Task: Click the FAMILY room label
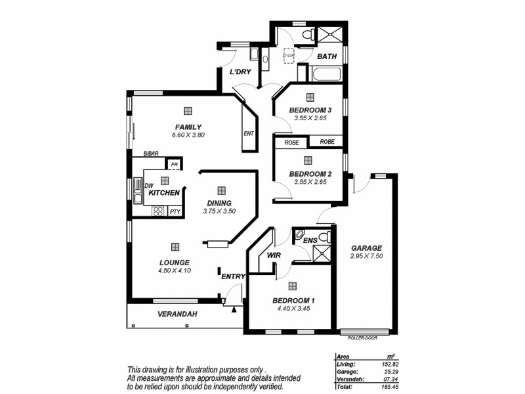(188, 127)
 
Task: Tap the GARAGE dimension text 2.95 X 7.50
(366, 255)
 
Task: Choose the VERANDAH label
(177, 315)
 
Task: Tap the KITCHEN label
(164, 193)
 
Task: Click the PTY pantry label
(175, 211)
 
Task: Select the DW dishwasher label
(148, 185)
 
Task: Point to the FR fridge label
(174, 165)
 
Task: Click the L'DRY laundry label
(240, 72)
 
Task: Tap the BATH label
(327, 56)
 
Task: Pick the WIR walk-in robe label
(273, 254)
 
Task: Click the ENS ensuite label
(310, 241)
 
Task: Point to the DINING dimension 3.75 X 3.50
(219, 211)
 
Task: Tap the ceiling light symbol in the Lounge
(175, 247)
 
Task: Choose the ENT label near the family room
(248, 134)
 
